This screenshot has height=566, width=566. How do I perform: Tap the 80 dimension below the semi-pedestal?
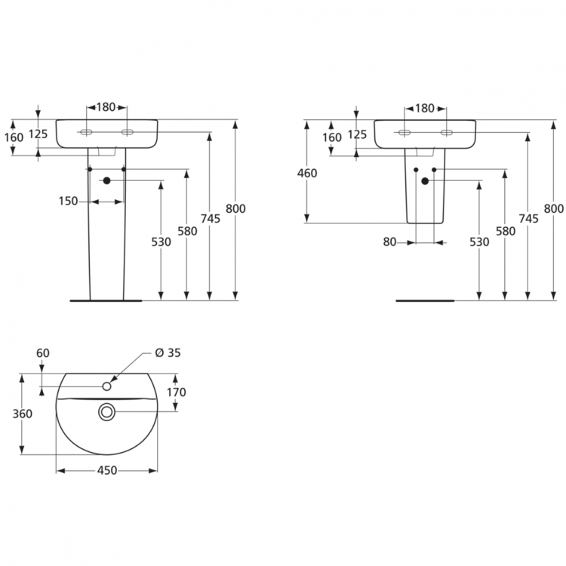tap(389, 242)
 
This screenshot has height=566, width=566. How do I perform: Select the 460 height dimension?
tap(307, 173)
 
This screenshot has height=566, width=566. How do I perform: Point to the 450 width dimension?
tap(106, 470)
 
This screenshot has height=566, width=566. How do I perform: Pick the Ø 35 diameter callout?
tap(168, 352)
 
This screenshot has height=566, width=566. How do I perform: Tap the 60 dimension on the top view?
tap(42, 352)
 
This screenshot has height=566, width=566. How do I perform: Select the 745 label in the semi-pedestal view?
tap(529, 219)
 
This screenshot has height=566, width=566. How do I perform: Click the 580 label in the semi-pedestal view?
tap(506, 231)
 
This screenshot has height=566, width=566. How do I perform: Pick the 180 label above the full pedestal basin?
tap(106, 107)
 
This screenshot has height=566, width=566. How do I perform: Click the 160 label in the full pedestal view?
tap(14, 137)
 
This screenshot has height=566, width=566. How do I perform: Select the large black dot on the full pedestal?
tap(106, 180)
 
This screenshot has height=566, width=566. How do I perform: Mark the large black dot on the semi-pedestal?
tap(425, 180)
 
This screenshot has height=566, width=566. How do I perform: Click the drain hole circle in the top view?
tap(106, 411)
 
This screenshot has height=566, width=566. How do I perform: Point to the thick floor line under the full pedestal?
tap(106, 300)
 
